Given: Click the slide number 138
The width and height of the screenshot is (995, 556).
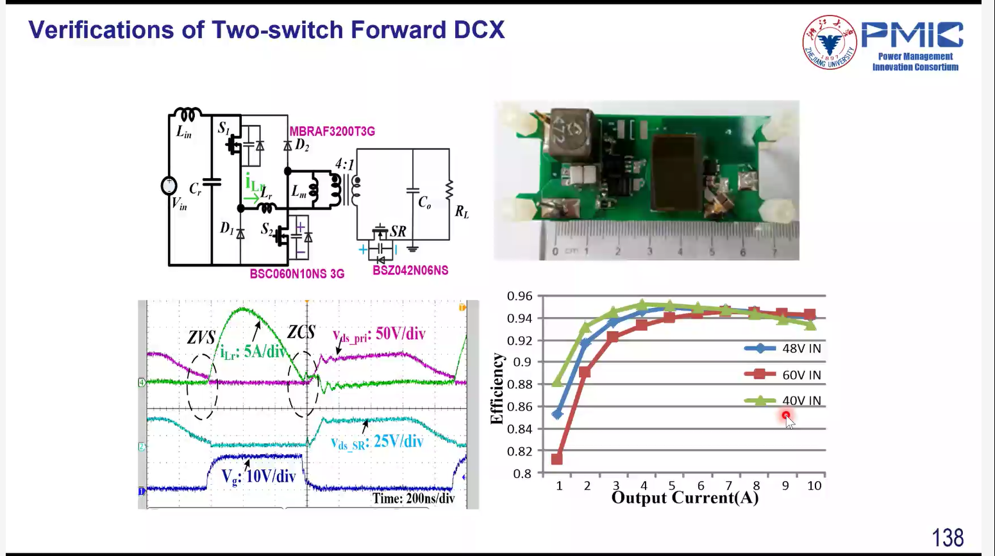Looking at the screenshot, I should (x=948, y=537).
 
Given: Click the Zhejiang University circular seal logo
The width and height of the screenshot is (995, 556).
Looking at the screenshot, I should (x=830, y=42).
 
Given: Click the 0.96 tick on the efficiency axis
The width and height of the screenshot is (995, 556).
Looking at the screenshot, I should (x=519, y=296).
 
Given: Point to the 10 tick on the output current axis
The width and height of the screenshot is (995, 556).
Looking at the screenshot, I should (x=814, y=486).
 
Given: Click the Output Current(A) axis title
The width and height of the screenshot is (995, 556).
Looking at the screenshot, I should (x=685, y=498).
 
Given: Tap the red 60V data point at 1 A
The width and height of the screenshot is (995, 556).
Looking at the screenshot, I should (x=556, y=459).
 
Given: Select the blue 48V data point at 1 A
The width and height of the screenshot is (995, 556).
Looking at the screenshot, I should (x=557, y=414).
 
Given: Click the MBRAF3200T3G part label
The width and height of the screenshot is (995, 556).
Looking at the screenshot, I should (x=332, y=131).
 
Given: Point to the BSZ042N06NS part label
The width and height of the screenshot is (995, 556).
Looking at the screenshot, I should (x=410, y=270).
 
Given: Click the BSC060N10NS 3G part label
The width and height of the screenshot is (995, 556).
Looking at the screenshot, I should (x=297, y=274).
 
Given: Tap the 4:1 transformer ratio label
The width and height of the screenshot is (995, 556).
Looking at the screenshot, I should (x=345, y=165).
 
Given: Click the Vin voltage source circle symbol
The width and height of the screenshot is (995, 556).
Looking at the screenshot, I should (x=169, y=186).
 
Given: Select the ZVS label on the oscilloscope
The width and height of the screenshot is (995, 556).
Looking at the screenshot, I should (x=201, y=337).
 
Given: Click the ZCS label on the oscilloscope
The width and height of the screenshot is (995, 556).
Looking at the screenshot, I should (x=301, y=332).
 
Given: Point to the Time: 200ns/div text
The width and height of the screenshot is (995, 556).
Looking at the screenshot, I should (x=413, y=498).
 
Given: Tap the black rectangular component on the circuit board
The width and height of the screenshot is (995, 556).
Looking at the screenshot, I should (x=675, y=173).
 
